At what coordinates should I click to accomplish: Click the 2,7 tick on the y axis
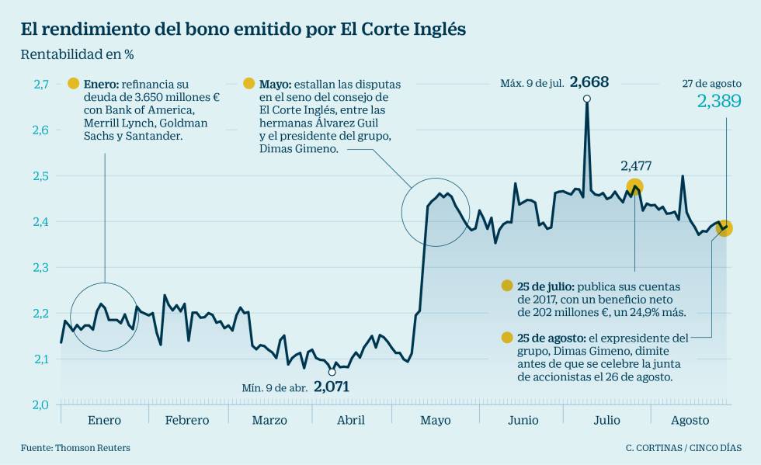[41, 84]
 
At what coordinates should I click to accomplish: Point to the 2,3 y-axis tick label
[41, 267]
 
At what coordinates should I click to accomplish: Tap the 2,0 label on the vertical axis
[41, 404]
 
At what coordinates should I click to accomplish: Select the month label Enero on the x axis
[104, 420]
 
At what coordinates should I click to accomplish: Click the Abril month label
[350, 420]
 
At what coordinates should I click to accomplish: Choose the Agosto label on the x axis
[690, 420]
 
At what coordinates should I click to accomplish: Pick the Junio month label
[523, 420]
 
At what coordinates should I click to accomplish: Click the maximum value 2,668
[589, 82]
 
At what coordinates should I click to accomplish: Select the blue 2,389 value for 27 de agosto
[719, 101]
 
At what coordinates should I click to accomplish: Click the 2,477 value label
[635, 165]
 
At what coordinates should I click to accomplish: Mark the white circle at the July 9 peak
[586, 99]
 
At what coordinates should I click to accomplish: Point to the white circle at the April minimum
[332, 372]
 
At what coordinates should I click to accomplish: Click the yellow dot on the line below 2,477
[634, 186]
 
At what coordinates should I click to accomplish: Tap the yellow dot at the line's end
[725, 228]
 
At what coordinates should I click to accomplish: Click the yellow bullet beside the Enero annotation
[74, 84]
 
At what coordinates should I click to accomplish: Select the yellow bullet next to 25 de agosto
[507, 338]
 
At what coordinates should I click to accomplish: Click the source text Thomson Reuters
[92, 448]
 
